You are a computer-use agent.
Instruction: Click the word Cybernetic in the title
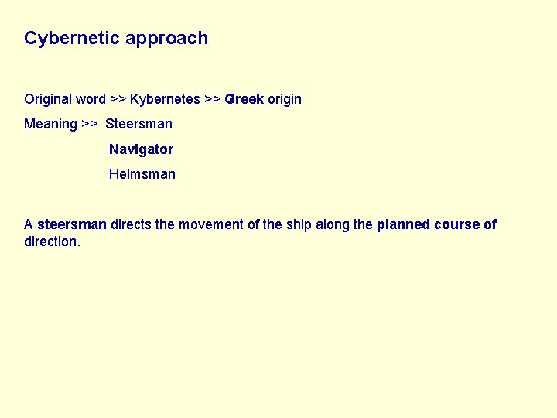(x=72, y=38)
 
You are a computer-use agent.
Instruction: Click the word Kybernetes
(x=165, y=99)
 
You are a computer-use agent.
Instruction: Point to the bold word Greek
(x=244, y=99)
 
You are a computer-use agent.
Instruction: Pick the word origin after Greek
(x=285, y=99)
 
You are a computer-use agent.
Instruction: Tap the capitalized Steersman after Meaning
(x=138, y=124)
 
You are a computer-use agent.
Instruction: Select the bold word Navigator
(x=141, y=149)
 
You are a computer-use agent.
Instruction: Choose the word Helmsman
(x=142, y=174)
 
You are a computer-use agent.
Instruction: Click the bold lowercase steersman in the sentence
(x=72, y=224)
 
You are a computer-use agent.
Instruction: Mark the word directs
(x=132, y=224)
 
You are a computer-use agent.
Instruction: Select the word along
(x=332, y=224)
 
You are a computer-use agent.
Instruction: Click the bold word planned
(x=403, y=224)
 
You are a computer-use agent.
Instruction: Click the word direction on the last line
(x=51, y=242)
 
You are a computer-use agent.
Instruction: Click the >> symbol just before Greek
(x=213, y=99)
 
